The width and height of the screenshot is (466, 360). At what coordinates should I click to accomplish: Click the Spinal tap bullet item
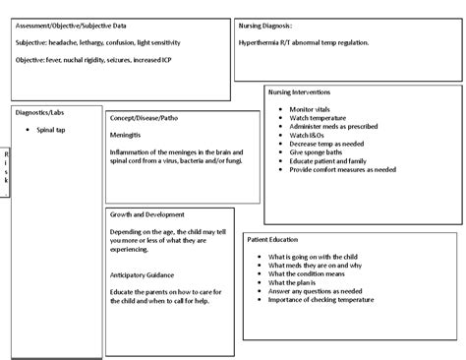click(x=51, y=129)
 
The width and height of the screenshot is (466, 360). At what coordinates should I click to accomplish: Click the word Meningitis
click(x=128, y=135)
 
